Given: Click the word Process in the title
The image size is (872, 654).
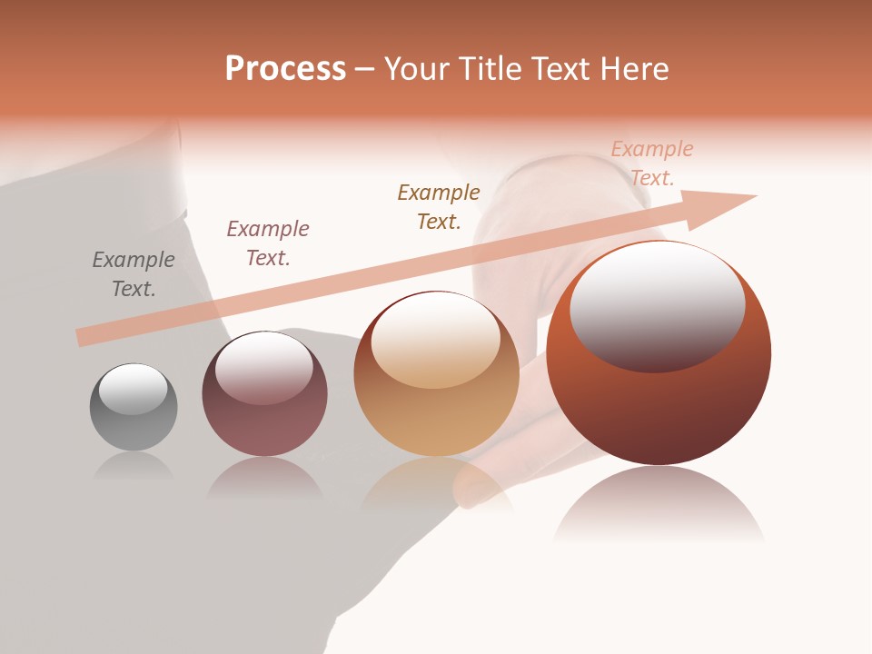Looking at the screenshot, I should pyautogui.click(x=285, y=69).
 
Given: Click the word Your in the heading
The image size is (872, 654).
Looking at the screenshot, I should pyautogui.click(x=418, y=69).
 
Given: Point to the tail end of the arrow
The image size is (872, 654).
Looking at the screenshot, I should pyautogui.click(x=80, y=338).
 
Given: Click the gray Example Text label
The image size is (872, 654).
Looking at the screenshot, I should pyautogui.click(x=134, y=274).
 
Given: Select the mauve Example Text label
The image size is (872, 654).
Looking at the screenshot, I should pyautogui.click(x=268, y=243).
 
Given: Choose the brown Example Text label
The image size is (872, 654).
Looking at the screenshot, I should pyautogui.click(x=439, y=207).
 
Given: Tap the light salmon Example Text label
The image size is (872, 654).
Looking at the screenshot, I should pyautogui.click(x=652, y=163).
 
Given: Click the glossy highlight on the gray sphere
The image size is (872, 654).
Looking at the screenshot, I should pyautogui.click(x=134, y=389).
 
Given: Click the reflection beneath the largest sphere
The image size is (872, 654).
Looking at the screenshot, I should pyautogui.click(x=659, y=504).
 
